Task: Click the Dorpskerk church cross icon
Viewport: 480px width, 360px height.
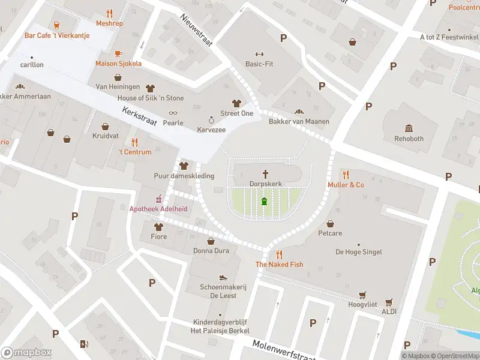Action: click(x=265, y=173)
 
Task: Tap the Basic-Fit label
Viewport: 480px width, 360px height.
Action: click(x=259, y=64)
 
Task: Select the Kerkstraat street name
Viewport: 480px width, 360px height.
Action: click(x=139, y=116)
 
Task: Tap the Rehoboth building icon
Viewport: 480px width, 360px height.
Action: click(x=409, y=128)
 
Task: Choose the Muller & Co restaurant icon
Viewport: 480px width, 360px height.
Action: click(x=346, y=175)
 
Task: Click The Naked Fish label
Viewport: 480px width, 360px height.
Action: click(x=279, y=265)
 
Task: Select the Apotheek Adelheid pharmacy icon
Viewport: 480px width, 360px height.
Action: click(x=159, y=199)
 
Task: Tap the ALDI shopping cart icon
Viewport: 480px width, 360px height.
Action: click(x=389, y=302)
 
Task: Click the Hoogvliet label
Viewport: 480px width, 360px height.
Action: click(x=362, y=305)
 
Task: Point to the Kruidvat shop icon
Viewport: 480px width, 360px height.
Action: click(x=106, y=127)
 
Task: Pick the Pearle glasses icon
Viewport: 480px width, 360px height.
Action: click(x=173, y=113)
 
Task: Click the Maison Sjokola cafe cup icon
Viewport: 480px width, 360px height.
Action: click(x=118, y=53)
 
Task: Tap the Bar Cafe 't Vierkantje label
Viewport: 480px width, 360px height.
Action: click(x=57, y=35)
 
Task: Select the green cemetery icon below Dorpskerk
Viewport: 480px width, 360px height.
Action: click(x=264, y=201)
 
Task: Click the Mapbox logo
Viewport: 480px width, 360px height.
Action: click(x=26, y=353)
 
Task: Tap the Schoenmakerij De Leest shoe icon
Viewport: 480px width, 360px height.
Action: click(x=223, y=277)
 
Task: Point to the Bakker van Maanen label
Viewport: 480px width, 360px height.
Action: click(x=299, y=121)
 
